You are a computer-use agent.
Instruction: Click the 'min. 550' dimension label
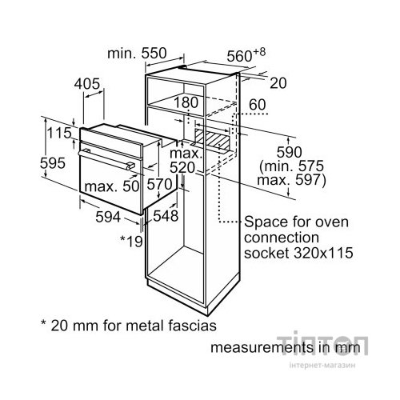[137, 54]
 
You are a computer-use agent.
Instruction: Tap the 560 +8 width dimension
[246, 55]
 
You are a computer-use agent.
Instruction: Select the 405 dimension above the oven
[87, 84]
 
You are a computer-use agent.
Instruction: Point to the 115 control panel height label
[59, 133]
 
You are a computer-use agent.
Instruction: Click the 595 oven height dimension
[53, 163]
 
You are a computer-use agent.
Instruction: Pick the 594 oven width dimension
[108, 217]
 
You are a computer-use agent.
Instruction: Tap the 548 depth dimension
[166, 215]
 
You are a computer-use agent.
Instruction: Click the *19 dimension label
[131, 241]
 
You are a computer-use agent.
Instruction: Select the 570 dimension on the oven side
[159, 184]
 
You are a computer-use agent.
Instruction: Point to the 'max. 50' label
[112, 186]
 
